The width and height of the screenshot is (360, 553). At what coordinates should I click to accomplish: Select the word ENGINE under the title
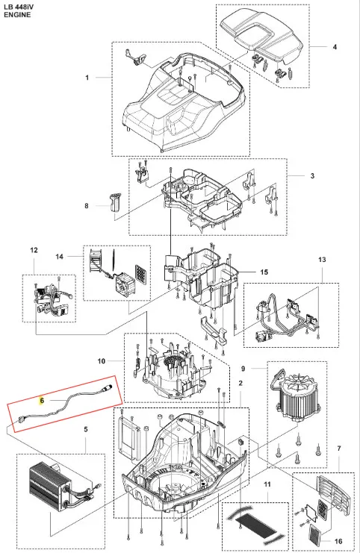(x=17, y=15)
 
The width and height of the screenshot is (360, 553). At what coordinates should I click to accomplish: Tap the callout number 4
(x=335, y=47)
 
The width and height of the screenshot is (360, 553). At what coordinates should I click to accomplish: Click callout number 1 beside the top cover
(x=87, y=77)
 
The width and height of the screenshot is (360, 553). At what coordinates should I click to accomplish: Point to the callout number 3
(x=312, y=175)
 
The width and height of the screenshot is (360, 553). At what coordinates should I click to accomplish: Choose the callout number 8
(x=87, y=206)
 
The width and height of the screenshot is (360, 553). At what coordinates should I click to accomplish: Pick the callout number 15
(x=264, y=272)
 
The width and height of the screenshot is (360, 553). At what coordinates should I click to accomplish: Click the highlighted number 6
(x=42, y=400)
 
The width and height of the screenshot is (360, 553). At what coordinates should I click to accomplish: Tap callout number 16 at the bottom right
(x=338, y=541)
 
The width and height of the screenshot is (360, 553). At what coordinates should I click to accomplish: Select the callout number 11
(x=267, y=484)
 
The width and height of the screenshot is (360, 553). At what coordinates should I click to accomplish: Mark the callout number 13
(x=322, y=260)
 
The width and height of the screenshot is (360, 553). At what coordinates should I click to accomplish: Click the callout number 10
(x=102, y=360)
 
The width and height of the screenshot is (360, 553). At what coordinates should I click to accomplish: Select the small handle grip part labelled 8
(x=113, y=201)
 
